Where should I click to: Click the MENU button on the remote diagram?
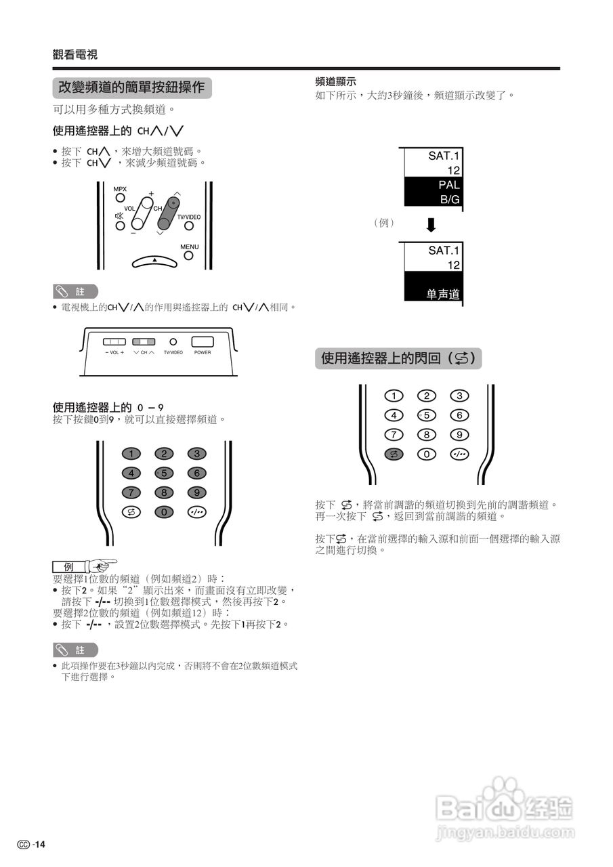coord(189,255)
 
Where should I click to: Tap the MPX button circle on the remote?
coord(119,198)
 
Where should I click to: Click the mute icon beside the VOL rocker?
coord(119,216)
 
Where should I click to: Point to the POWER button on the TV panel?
coord(203,342)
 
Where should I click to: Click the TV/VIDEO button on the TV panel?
coord(173,343)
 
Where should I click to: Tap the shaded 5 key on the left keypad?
coord(164,473)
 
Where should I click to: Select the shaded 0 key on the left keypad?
coord(164,512)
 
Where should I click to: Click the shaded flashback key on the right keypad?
coord(394,454)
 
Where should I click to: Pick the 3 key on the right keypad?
coord(459,396)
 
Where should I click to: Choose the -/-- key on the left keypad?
coord(196,512)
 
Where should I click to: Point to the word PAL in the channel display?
coord(448,185)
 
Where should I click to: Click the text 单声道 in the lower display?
coord(443,295)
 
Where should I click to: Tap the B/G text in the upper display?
coord(450,200)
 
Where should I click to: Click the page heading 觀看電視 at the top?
coord(75,55)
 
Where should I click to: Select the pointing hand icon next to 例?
coord(102,564)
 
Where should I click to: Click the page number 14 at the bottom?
coord(40,844)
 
